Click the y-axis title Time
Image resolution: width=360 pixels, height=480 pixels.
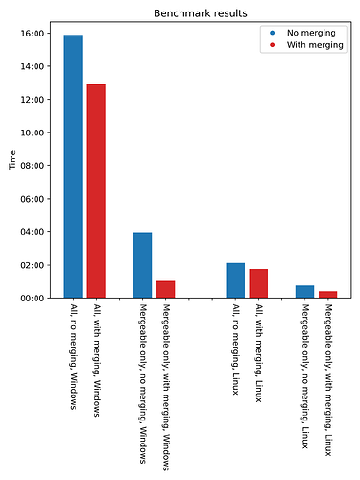12,159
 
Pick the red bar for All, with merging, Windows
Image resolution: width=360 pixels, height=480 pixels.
96,191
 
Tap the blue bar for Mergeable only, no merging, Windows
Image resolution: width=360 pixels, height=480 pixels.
142,265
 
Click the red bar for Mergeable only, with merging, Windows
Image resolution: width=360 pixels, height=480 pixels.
165,289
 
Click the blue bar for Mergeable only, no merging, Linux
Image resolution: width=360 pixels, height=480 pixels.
304,292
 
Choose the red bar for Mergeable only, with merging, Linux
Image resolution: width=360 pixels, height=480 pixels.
327,294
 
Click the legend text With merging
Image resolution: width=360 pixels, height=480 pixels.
309,45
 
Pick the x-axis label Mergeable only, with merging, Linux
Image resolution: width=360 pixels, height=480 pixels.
328,380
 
